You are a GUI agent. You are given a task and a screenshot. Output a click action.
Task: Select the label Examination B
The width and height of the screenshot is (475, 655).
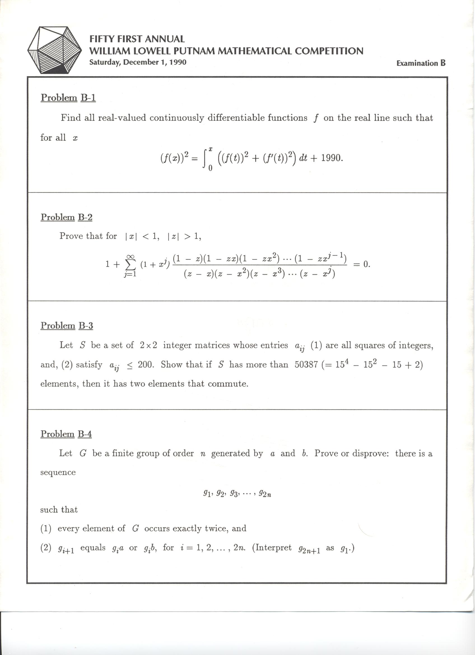tap(421, 63)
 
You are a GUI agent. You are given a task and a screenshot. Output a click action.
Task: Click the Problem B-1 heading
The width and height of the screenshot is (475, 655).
tap(68, 98)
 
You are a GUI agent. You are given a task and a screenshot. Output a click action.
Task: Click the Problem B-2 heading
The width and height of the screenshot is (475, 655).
tap(66, 217)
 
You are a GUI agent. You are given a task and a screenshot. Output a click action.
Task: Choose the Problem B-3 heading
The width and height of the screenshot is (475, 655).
tap(67, 326)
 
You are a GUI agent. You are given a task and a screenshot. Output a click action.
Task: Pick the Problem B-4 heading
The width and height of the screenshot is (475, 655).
tap(66, 434)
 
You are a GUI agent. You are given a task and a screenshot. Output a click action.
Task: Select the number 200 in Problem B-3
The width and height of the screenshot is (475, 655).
tap(145, 365)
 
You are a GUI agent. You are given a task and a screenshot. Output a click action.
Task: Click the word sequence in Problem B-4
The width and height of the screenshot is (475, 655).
tap(58, 472)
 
